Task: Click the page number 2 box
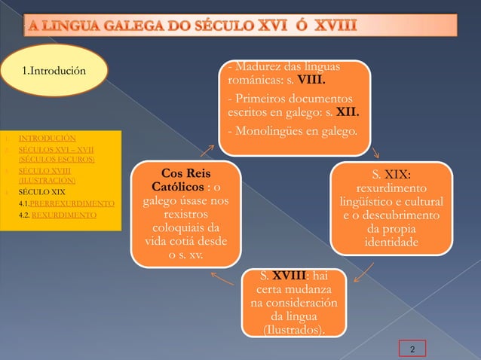click(412, 349)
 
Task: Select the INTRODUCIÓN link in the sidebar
click(47, 139)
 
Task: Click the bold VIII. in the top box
click(311, 81)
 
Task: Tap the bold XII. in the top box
click(346, 114)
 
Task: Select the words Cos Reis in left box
click(185, 172)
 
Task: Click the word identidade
click(388, 243)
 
